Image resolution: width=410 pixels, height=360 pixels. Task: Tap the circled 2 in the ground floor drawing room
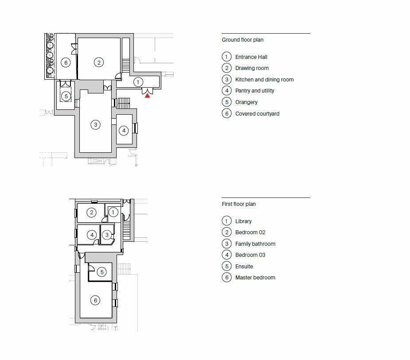[99, 62]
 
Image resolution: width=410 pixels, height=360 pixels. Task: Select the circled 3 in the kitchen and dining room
[95, 125]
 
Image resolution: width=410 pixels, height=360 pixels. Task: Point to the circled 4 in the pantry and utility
[124, 130]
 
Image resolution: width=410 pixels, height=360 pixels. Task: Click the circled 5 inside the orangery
[66, 96]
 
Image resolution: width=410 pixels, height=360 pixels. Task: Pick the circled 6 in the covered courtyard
[66, 62]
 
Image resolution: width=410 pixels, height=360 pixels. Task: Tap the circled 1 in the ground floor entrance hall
[138, 82]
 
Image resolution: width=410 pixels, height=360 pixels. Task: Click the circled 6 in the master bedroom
[95, 300]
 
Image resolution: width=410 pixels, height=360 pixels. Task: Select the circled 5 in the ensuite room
[102, 272]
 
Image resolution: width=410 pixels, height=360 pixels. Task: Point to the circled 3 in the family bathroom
[106, 235]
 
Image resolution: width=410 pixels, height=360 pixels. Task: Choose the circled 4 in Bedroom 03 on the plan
[92, 235]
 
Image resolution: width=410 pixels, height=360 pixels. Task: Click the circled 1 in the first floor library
[113, 213]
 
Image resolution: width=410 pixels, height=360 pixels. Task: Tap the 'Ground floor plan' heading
[242, 40]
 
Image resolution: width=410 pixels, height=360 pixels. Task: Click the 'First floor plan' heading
[238, 204]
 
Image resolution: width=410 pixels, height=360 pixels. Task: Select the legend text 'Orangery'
[246, 102]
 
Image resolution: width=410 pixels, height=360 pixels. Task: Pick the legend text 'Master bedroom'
[255, 278]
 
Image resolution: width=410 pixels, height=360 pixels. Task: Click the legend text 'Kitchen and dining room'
[264, 80]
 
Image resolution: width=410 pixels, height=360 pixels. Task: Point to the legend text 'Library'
[243, 221]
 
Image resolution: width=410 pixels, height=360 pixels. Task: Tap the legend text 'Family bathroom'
[255, 244]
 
